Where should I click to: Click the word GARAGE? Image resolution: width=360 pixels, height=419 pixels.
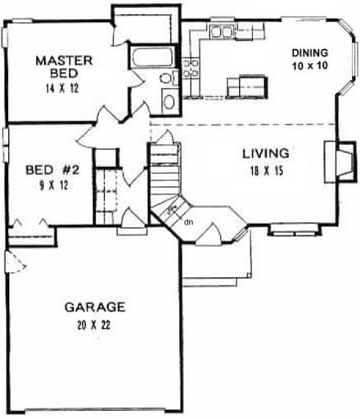tap(95, 308)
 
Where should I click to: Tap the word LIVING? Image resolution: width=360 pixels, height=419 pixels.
tap(265, 153)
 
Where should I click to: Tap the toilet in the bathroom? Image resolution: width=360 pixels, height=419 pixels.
tap(166, 78)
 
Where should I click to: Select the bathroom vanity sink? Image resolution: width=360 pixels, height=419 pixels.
tap(168, 101)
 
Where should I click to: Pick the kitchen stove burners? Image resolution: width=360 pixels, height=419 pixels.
tap(190, 68)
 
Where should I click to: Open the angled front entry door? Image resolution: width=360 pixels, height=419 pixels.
tap(209, 237)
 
